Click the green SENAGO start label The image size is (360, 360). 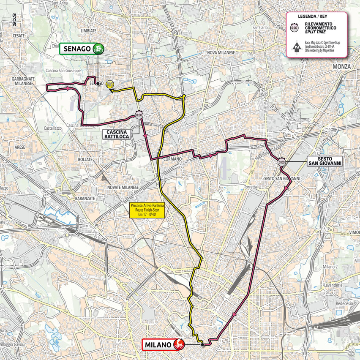coord(77,48)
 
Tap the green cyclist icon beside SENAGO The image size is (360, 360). coord(99,48)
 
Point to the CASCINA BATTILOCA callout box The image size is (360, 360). coord(117,134)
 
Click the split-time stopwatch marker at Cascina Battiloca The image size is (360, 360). coord(139,115)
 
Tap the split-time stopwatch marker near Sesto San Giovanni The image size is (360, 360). coord(282,161)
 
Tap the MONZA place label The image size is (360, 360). coord(341,67)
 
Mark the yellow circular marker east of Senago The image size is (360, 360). coord(110,84)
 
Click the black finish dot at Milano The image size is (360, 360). coord(202,345)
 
